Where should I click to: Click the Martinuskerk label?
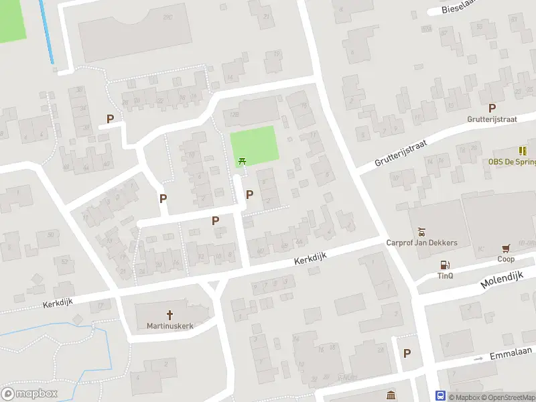(170, 326)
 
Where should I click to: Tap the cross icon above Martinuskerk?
(170, 314)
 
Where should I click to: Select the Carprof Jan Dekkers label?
(421, 243)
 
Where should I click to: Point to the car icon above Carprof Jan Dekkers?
(421, 231)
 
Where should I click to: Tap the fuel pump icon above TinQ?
(444, 264)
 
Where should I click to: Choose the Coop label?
(506, 259)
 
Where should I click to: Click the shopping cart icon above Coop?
(506, 248)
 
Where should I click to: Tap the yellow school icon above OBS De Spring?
(522, 151)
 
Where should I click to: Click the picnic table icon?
(243, 161)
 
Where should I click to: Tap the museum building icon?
(390, 395)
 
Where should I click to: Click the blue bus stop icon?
(441, 396)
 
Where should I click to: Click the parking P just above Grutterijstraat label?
(492, 108)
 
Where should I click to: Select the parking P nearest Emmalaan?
(407, 353)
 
